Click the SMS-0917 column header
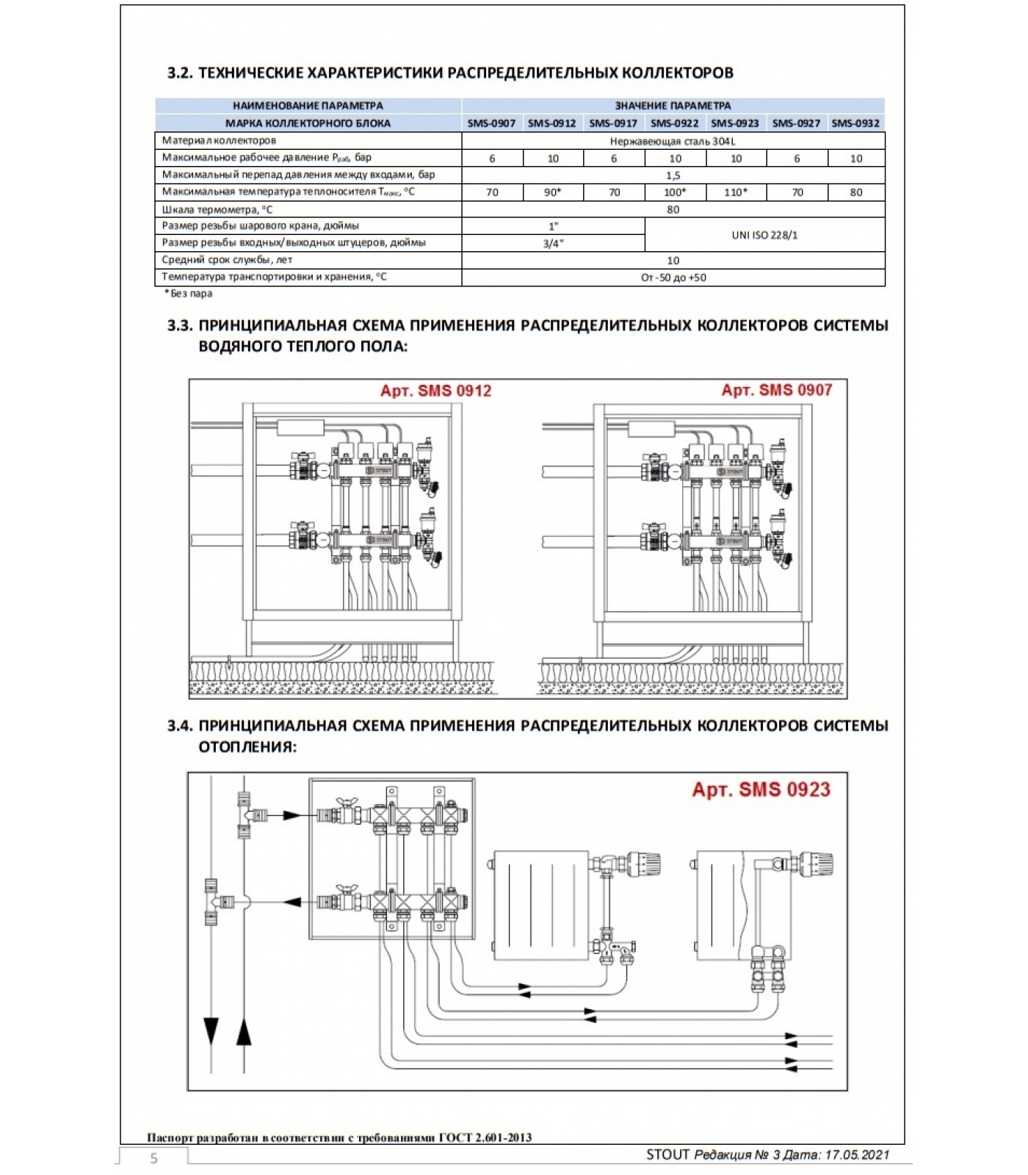tap(613, 123)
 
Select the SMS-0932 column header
tap(855, 123)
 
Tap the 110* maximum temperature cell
tap(736, 192)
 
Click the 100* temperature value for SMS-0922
tap(675, 192)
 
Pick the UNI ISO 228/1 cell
tap(764, 235)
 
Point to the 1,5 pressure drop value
tap(673, 176)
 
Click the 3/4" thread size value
tap(553, 244)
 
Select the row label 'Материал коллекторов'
tap(219, 140)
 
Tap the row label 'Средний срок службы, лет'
tap(227, 260)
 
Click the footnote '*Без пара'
tap(189, 294)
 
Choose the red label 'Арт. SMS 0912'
tap(435, 391)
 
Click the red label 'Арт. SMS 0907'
tap(777, 390)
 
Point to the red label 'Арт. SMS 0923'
tap(761, 790)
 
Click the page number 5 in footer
tap(154, 1158)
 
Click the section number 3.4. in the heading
tap(180, 726)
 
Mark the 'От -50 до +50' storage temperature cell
tap(673, 278)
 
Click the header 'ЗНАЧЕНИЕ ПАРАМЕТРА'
tap(673, 106)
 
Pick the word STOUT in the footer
tap(667, 1154)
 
